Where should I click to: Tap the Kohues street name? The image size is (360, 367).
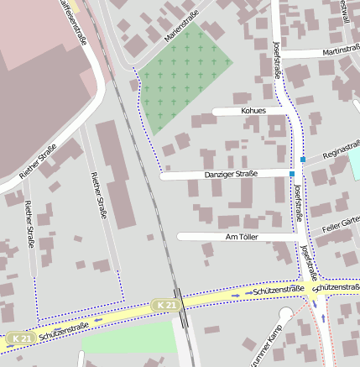(253, 111)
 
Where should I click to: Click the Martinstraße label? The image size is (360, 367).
(335, 52)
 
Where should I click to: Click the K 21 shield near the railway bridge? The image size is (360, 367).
(165, 305)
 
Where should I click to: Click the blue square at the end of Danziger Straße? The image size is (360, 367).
(293, 174)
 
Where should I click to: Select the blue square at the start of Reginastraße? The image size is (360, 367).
(303, 160)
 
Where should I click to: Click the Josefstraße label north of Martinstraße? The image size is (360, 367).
(278, 59)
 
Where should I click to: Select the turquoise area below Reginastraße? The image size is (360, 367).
(354, 164)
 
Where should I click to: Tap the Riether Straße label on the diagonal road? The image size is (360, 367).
(37, 165)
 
